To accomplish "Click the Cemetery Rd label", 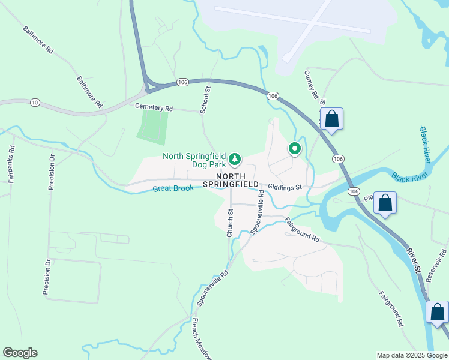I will [154, 108].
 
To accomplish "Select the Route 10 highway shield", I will [35, 103].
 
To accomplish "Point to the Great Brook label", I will [173, 188].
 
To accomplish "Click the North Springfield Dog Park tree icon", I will [235, 160].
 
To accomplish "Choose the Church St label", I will [230, 223].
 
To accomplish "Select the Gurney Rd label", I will [311, 84].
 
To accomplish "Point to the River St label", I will [412, 260].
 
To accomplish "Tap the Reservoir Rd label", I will [436, 265].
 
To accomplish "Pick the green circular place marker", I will [294, 148].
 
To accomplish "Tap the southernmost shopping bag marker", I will [437, 312].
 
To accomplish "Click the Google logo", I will [20, 353].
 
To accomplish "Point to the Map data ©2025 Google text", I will [411, 355].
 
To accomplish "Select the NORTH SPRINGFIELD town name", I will [231, 179].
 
